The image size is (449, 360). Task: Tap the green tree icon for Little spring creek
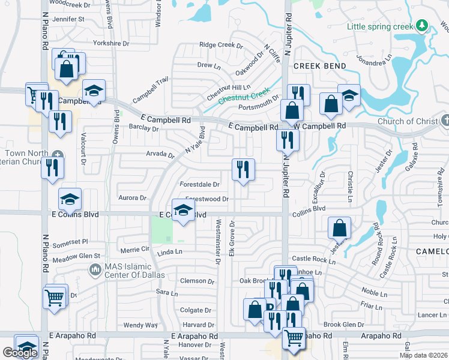tap(423, 25)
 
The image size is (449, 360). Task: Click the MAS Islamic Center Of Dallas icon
tap(94, 271)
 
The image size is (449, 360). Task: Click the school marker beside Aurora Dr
tap(70, 199)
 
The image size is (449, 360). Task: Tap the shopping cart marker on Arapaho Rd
tap(294, 338)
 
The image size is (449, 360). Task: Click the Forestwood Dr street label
tap(207, 199)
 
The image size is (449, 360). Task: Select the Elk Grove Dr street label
tap(231, 238)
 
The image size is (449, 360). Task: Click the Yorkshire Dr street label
tap(111, 43)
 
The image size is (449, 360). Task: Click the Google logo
tap(20, 353)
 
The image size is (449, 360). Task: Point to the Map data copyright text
tap(424, 355)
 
